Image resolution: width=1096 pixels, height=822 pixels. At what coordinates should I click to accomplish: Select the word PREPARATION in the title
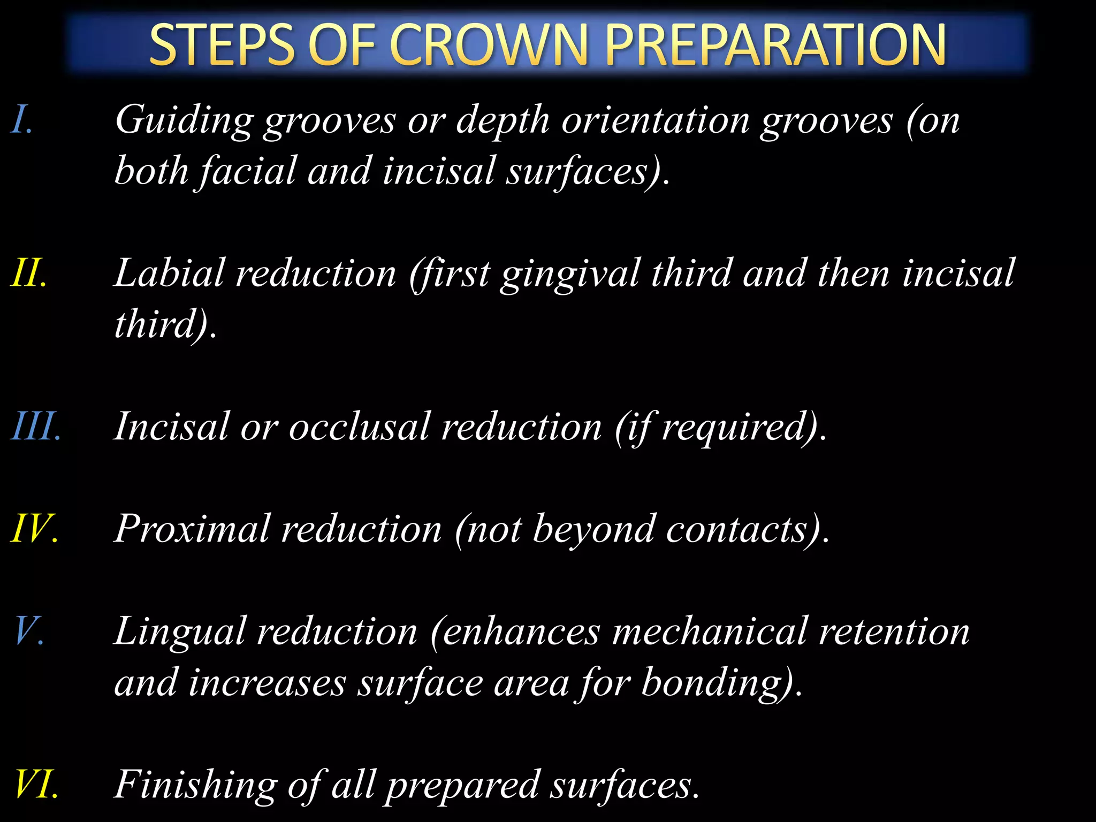click(x=775, y=45)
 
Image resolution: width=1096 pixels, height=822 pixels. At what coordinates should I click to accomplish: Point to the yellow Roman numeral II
click(x=28, y=273)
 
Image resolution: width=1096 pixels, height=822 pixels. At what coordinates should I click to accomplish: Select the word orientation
click(x=656, y=120)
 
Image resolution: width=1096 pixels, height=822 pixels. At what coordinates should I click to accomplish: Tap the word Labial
click(x=169, y=273)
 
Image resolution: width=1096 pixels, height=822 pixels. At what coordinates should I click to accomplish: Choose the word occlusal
click(x=359, y=427)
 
